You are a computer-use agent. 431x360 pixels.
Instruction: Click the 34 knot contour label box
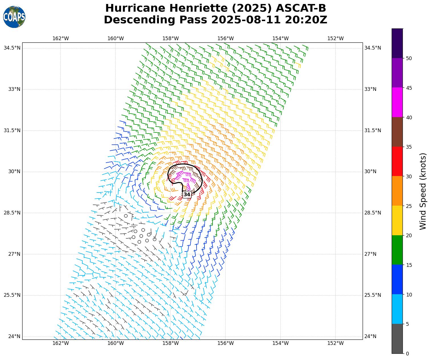[187, 195]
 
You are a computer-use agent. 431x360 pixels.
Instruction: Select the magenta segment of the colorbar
[397, 102]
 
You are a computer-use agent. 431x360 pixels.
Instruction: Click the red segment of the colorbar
[397, 161]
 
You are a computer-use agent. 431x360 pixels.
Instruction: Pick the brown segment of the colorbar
[397, 132]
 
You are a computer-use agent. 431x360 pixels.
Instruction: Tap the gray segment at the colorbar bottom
[397, 339]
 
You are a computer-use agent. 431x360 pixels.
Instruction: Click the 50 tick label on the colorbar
[409, 58]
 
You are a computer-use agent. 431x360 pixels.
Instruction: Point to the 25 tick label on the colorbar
[409, 206]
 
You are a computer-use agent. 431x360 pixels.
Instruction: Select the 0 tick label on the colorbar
[407, 354]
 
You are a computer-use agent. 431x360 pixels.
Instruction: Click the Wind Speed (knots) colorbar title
[423, 191]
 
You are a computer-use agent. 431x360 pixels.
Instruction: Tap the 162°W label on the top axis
[61, 38]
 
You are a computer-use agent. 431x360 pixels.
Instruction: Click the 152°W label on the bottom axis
[335, 343]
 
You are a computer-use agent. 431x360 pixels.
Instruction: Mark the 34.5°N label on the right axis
[373, 48]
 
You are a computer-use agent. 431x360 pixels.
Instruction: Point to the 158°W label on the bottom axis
[171, 343]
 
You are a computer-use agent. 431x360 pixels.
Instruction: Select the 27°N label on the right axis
[370, 254]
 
